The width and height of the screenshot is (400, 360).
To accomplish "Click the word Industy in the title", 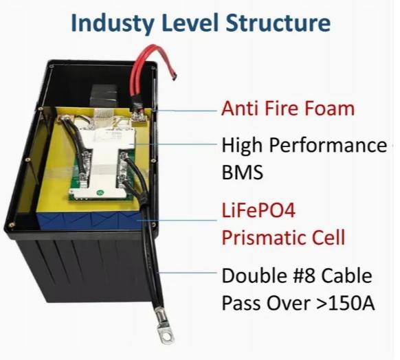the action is click(x=112, y=23).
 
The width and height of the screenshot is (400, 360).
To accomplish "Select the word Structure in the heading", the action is click(x=278, y=23).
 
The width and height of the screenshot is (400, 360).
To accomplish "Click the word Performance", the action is click(x=328, y=146).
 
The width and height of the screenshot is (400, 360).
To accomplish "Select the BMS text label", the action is click(x=243, y=172).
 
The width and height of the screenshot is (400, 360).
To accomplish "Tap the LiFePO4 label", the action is click(x=258, y=211).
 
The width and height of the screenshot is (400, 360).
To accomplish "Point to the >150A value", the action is click(x=346, y=304).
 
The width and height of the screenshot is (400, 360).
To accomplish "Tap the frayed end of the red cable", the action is click(x=175, y=76).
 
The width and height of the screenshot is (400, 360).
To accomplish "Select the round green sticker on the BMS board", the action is click(x=99, y=193).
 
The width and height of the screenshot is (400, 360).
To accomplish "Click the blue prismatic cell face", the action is click(x=89, y=220).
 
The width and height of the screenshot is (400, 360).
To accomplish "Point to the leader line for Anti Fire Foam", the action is click(x=186, y=111).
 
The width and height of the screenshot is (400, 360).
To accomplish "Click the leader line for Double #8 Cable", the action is click(x=188, y=273).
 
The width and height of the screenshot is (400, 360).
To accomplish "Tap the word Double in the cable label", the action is click(x=254, y=276).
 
